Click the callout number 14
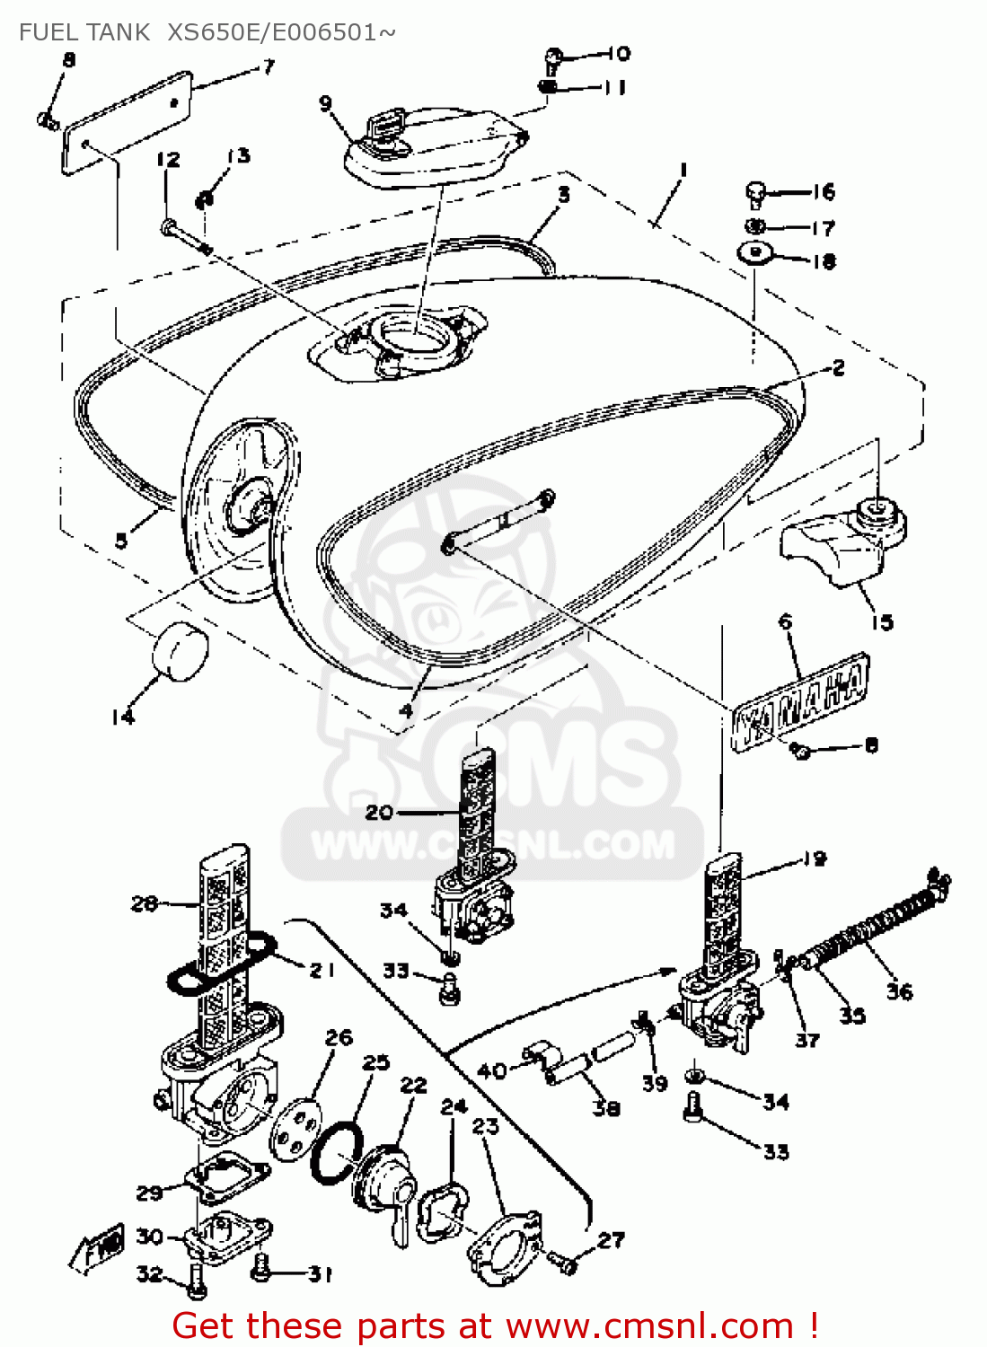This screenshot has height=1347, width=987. click(123, 716)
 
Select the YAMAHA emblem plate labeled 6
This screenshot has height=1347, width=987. click(800, 701)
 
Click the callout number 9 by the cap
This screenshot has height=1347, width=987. click(325, 103)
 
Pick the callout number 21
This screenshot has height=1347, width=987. click(322, 970)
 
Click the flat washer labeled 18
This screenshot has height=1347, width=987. click(755, 252)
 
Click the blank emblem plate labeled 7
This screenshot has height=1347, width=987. click(127, 123)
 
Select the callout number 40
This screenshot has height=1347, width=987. click(492, 1070)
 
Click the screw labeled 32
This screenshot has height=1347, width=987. click(197, 1285)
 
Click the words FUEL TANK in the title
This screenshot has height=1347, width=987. click(84, 32)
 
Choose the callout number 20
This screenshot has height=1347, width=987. click(378, 812)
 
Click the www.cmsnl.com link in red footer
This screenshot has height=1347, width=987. click(649, 1325)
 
